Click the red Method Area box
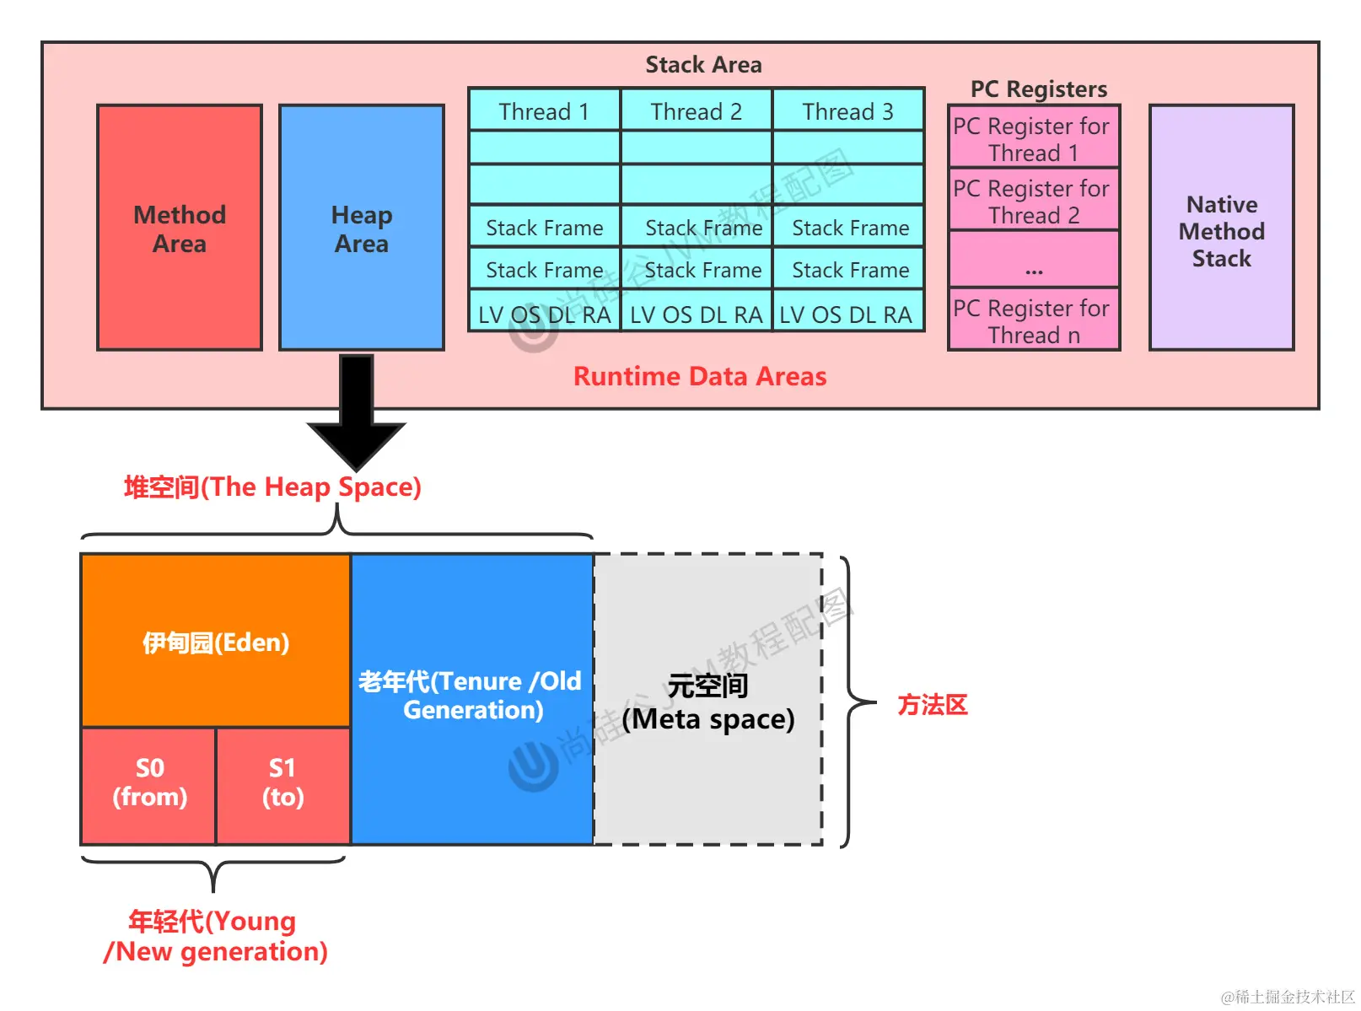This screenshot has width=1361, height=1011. point(179,228)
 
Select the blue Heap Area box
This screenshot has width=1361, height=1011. point(361,228)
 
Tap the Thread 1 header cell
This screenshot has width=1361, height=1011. point(544,111)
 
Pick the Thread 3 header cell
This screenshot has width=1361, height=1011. point(847,111)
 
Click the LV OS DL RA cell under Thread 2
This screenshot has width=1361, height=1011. point(696,315)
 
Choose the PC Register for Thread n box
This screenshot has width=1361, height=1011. point(1033,320)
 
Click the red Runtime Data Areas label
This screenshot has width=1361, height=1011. point(700,376)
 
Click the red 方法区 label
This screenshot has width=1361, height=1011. point(932,705)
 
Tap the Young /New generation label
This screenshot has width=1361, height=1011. point(214,936)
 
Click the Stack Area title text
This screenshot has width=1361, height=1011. point(703,65)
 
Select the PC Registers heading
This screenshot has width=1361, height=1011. point(1038,89)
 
